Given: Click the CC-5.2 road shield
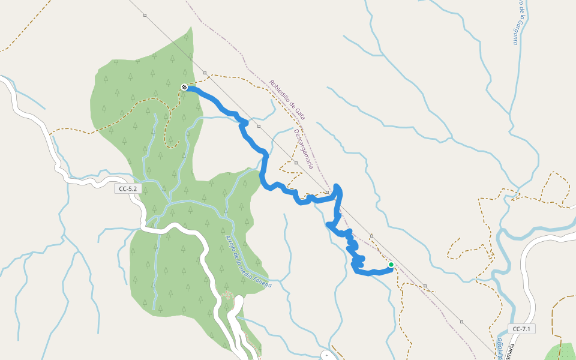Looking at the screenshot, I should click(x=128, y=188).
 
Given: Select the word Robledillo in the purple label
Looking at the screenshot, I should click(x=280, y=92).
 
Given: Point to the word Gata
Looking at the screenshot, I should click(x=300, y=113).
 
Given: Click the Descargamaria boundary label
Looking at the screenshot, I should click(x=304, y=149).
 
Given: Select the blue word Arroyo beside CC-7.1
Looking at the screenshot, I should click(x=499, y=348).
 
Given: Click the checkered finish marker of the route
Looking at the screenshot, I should click(x=184, y=87).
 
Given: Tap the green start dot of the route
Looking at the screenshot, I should click(x=391, y=265).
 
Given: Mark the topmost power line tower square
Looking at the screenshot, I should click(x=145, y=14).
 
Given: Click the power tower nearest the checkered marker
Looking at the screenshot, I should click(x=205, y=73).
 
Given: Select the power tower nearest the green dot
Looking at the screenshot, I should click(x=372, y=236).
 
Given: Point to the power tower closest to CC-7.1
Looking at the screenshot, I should click(x=461, y=322).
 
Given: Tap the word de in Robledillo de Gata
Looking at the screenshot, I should click(x=293, y=105).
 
